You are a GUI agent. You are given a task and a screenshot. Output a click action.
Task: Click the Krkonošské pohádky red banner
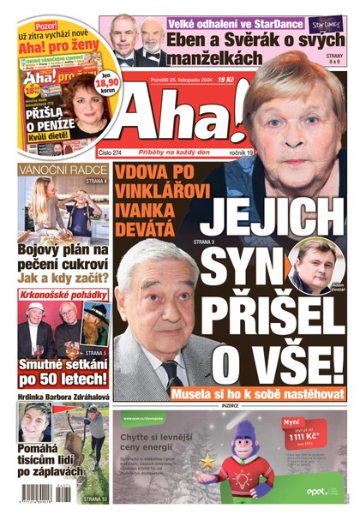(x=63, y=295)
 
